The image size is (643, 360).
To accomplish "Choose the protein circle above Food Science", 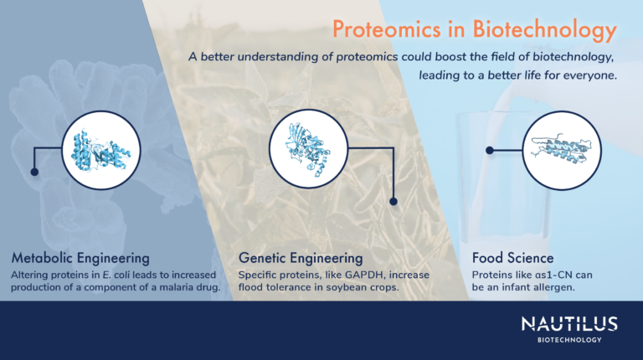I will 555,150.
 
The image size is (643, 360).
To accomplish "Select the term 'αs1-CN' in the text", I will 554,275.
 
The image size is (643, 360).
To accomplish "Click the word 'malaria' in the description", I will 166,289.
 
